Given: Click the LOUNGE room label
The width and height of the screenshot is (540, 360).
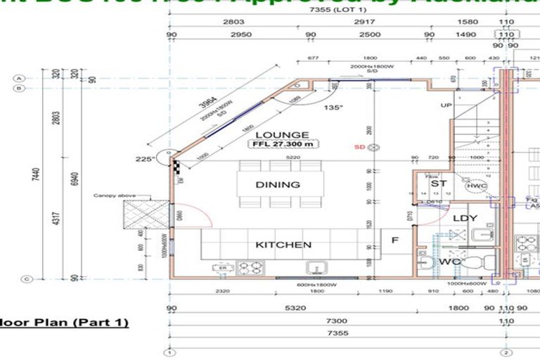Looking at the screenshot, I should pyautogui.click(x=282, y=134).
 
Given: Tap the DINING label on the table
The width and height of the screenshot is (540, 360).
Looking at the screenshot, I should pyautogui.click(x=278, y=185).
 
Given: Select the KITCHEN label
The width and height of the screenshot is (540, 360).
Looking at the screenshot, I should pyautogui.click(x=283, y=245).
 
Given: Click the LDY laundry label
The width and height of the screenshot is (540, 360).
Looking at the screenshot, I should pyautogui.click(x=465, y=218).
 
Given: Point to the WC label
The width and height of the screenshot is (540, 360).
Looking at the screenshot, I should pyautogui.click(x=449, y=262).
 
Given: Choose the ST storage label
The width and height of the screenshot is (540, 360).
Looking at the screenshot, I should pyautogui.click(x=439, y=184).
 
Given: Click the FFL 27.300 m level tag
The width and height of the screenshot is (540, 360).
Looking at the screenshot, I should pyautogui.click(x=282, y=144).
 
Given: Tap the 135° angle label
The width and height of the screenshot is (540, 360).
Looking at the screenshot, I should pyautogui.click(x=333, y=108).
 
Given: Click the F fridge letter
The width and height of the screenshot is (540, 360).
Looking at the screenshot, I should pyautogui.click(x=395, y=240).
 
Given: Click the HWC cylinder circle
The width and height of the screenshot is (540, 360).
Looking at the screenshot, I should pyautogui.click(x=476, y=186).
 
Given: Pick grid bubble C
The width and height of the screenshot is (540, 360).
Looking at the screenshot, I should pyautogui.click(x=26, y=279).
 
